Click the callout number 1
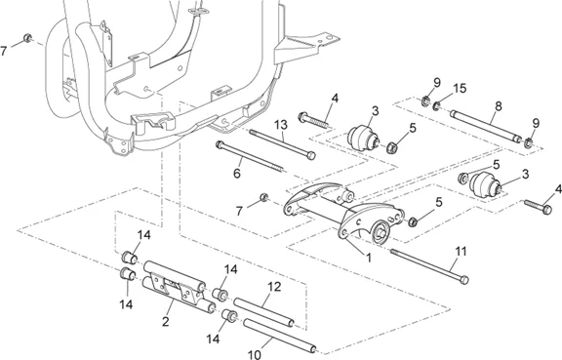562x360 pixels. [x=368, y=258]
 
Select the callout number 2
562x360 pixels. [x=165, y=321]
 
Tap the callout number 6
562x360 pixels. [x=237, y=174]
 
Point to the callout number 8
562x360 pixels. [x=498, y=106]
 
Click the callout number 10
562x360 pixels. [x=255, y=355]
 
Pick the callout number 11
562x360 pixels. [x=461, y=252]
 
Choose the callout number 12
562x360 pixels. [x=274, y=287]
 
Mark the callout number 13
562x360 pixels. [x=281, y=125]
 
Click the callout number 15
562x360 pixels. [x=460, y=88]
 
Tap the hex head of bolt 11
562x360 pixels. [x=463, y=279]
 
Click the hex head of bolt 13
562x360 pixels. [x=311, y=156]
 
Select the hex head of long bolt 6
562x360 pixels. [x=220, y=144]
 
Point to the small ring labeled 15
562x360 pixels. [x=436, y=105]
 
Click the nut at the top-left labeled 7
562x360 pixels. [x=27, y=38]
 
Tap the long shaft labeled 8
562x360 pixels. [x=486, y=126]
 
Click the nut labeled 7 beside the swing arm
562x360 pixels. [x=264, y=197]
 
